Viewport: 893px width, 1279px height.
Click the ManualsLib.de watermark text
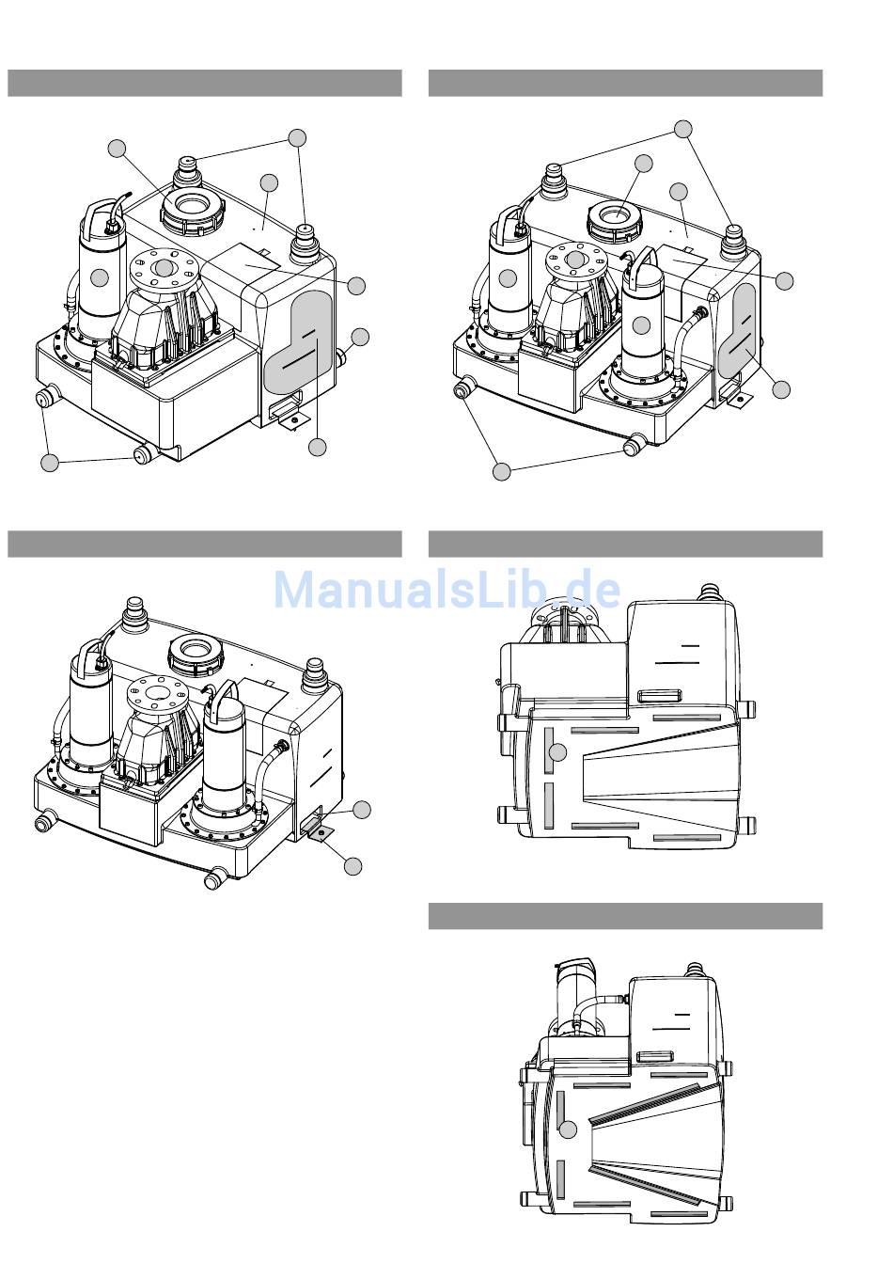(x=447, y=590)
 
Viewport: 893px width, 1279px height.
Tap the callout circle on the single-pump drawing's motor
(x=100, y=277)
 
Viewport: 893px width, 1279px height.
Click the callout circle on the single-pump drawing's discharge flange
(x=164, y=267)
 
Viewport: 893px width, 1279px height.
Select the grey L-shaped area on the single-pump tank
(x=299, y=341)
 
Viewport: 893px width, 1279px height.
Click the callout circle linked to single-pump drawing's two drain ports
(x=50, y=463)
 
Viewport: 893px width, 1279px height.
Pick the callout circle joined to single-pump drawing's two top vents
(x=297, y=137)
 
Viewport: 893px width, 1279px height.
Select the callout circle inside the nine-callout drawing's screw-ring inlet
(x=644, y=164)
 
